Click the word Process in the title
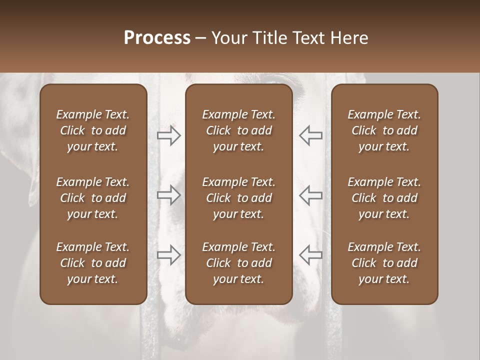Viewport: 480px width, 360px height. click(x=157, y=38)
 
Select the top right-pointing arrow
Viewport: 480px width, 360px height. click(x=169, y=135)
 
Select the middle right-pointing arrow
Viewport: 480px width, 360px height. click(x=169, y=195)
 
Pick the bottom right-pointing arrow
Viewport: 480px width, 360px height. click(x=169, y=255)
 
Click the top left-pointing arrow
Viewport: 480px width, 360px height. click(x=310, y=135)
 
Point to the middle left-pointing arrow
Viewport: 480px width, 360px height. click(x=310, y=195)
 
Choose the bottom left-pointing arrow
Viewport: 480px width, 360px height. click(x=310, y=255)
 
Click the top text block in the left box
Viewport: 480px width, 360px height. click(x=93, y=130)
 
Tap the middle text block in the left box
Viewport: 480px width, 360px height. click(x=93, y=198)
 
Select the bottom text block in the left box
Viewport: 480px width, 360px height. click(x=93, y=263)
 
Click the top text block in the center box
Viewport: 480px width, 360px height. click(x=238, y=130)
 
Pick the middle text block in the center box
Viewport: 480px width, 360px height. click(x=238, y=198)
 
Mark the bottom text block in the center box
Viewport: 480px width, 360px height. click(x=238, y=263)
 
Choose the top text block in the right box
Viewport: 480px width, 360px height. click(x=384, y=130)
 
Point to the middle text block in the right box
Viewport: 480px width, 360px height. click(x=384, y=198)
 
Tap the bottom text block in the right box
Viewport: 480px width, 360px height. click(x=384, y=263)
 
